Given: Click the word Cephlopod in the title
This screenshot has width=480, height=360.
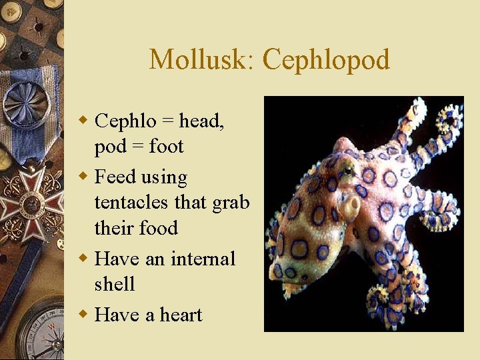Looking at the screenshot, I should (x=326, y=59).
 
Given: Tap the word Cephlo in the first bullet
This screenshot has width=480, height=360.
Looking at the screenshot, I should (x=125, y=121).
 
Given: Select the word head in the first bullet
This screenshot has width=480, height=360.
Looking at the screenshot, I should (x=201, y=121).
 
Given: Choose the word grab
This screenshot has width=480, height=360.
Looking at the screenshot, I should (x=230, y=202).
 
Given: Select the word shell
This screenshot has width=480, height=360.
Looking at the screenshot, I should (x=115, y=284).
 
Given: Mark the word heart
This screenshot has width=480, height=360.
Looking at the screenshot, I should (x=179, y=314).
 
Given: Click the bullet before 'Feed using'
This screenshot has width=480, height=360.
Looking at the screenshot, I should (x=83, y=177).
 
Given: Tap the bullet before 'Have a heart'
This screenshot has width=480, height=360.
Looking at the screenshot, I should (x=83, y=314).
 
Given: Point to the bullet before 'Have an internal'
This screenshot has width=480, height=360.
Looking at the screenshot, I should (x=83, y=258).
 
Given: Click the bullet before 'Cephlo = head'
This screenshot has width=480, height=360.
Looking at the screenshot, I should (x=83, y=121).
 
